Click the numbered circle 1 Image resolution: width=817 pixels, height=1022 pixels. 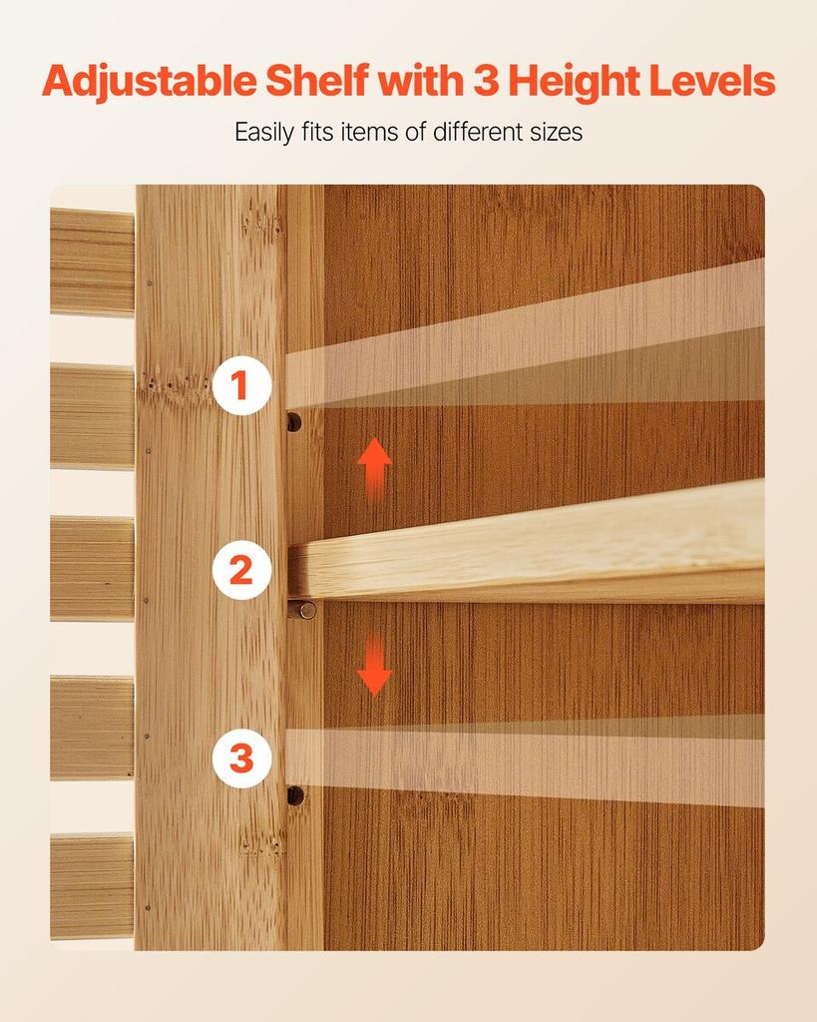point(241,385)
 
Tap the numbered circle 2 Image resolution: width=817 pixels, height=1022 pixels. point(241,570)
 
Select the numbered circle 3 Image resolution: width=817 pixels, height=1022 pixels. point(241,759)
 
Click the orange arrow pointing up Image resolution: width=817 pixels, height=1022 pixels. point(375,469)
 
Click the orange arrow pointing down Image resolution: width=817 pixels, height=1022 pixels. point(375,665)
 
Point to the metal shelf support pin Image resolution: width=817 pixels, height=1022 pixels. point(303,610)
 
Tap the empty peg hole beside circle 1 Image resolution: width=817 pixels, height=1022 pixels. point(294,422)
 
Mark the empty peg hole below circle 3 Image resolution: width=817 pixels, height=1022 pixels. point(295,795)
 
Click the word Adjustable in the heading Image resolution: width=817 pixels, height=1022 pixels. point(150,82)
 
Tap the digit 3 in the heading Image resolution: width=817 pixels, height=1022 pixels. point(486,81)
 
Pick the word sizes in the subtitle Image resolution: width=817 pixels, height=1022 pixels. point(556,133)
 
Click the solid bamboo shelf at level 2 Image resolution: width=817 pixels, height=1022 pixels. point(527,541)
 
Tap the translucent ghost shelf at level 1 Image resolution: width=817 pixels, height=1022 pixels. point(525,334)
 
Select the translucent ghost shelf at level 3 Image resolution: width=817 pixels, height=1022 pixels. point(525,761)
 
